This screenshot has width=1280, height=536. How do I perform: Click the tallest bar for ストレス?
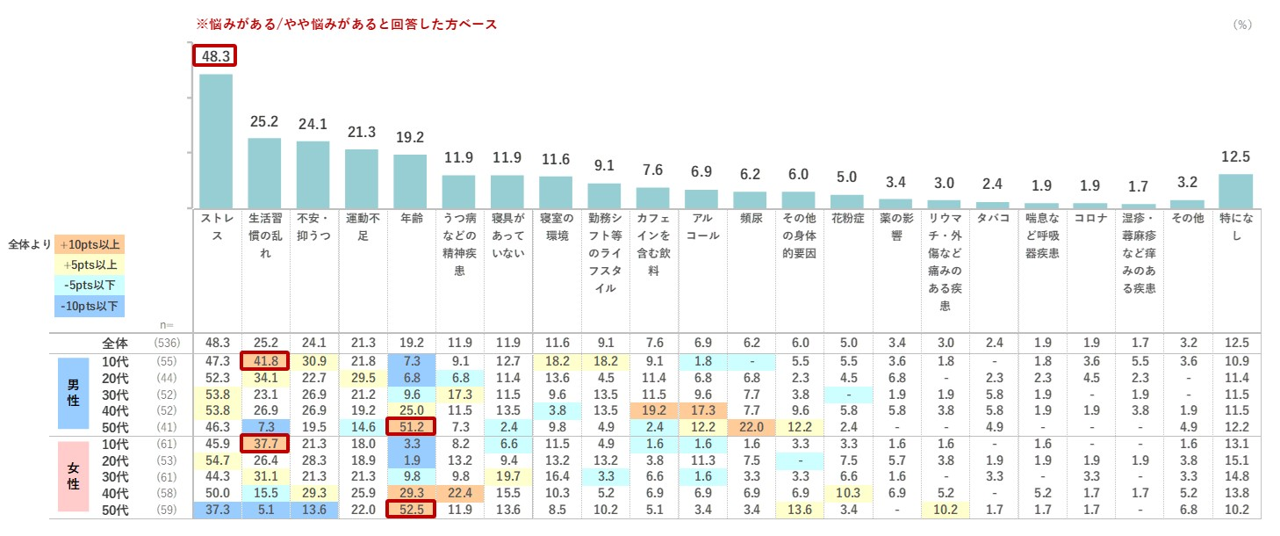tap(216, 141)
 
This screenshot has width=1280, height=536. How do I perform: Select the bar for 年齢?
tap(410, 181)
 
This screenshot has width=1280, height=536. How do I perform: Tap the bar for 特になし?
tap(1235, 190)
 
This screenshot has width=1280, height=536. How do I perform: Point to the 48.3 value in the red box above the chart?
tap(215, 56)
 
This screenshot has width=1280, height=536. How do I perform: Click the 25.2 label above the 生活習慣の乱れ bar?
tap(264, 122)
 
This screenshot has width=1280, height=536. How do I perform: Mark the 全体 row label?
tap(115, 342)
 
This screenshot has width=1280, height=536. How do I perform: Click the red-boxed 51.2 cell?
tap(410, 426)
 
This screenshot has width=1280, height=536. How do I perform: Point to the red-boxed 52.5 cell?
tap(410, 511)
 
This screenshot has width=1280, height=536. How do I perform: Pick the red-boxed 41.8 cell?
tap(264, 359)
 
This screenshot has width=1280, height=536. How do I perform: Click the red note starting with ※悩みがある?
tap(346, 25)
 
